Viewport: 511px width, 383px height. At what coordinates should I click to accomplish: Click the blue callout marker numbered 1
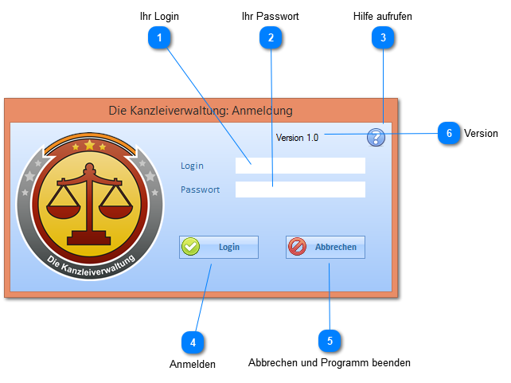160,37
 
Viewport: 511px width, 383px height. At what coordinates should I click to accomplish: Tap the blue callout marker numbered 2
271,37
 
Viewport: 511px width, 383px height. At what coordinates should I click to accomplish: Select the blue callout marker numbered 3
383,37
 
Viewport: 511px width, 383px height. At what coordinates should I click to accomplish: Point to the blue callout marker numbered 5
330,341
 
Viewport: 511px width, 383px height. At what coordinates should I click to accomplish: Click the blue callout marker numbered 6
449,134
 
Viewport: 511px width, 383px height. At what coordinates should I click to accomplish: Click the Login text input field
300,166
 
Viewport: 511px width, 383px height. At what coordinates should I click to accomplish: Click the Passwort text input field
300,190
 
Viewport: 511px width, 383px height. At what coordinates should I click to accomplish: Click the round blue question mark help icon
376,137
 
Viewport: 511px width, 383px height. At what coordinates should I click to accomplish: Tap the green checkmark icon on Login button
190,247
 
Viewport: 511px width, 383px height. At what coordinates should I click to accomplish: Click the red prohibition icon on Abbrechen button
297,247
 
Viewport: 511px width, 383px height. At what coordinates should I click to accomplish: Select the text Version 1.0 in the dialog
297,138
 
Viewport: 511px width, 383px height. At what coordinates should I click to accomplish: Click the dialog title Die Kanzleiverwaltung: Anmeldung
201,111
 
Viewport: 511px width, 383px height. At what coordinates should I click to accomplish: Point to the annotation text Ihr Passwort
271,16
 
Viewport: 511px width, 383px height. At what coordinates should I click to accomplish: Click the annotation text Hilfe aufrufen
383,16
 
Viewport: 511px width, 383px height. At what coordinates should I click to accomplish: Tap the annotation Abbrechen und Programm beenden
330,363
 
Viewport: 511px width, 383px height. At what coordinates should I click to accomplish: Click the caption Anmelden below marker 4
193,364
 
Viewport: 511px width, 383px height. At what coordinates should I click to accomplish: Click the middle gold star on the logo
89,146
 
